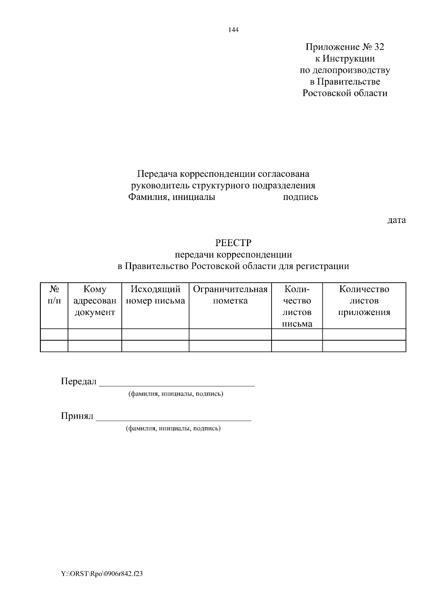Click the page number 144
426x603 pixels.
(x=234, y=30)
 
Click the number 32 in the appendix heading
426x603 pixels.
(x=379, y=47)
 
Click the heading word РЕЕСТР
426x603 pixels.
(x=233, y=243)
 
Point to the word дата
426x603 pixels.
(x=396, y=220)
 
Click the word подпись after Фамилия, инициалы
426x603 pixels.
(x=300, y=197)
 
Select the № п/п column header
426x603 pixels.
(x=54, y=295)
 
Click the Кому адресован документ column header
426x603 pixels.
(x=95, y=301)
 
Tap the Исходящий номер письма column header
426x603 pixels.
(x=155, y=295)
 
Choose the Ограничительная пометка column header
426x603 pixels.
(x=230, y=295)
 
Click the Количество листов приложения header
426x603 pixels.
(x=364, y=301)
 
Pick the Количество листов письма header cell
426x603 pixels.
(x=297, y=306)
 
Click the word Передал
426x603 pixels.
(x=78, y=382)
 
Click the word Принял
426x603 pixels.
(x=77, y=416)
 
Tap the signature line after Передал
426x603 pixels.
(x=177, y=384)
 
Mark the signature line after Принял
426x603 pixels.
(x=174, y=418)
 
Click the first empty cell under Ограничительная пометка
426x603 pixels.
(x=230, y=335)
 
